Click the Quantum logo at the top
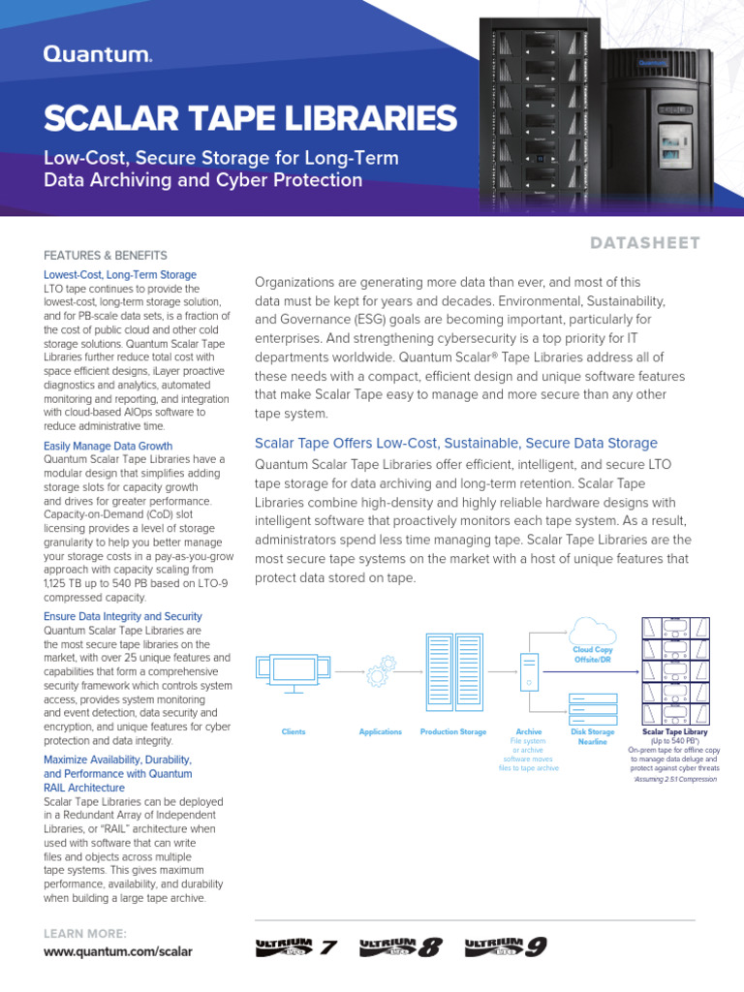(x=97, y=56)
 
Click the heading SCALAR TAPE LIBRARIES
(x=250, y=118)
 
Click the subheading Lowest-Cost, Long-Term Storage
(x=120, y=275)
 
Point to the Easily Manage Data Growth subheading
(x=108, y=447)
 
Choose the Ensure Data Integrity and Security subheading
(x=123, y=616)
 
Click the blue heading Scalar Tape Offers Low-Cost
(x=455, y=443)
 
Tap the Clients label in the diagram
(x=294, y=731)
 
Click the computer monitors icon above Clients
(x=293, y=667)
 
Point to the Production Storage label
(x=453, y=731)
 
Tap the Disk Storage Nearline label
(x=593, y=736)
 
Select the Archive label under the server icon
(x=529, y=731)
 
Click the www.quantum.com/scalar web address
(x=118, y=951)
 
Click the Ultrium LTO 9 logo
(x=506, y=946)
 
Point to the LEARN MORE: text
(x=85, y=933)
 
